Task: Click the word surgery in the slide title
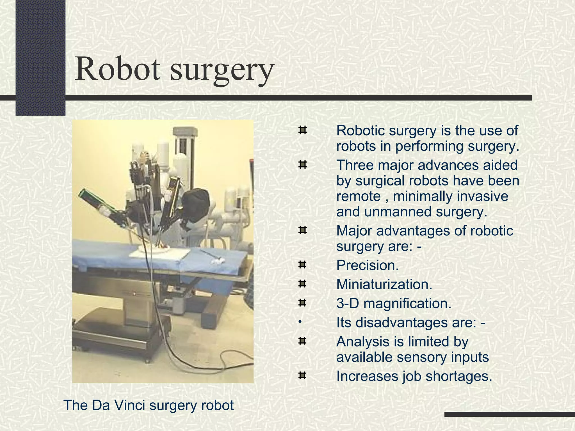click(x=222, y=70)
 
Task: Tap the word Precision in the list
click(x=367, y=265)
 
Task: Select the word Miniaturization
click(x=384, y=284)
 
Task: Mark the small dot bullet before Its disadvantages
click(x=300, y=322)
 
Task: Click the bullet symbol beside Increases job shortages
click(x=302, y=375)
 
